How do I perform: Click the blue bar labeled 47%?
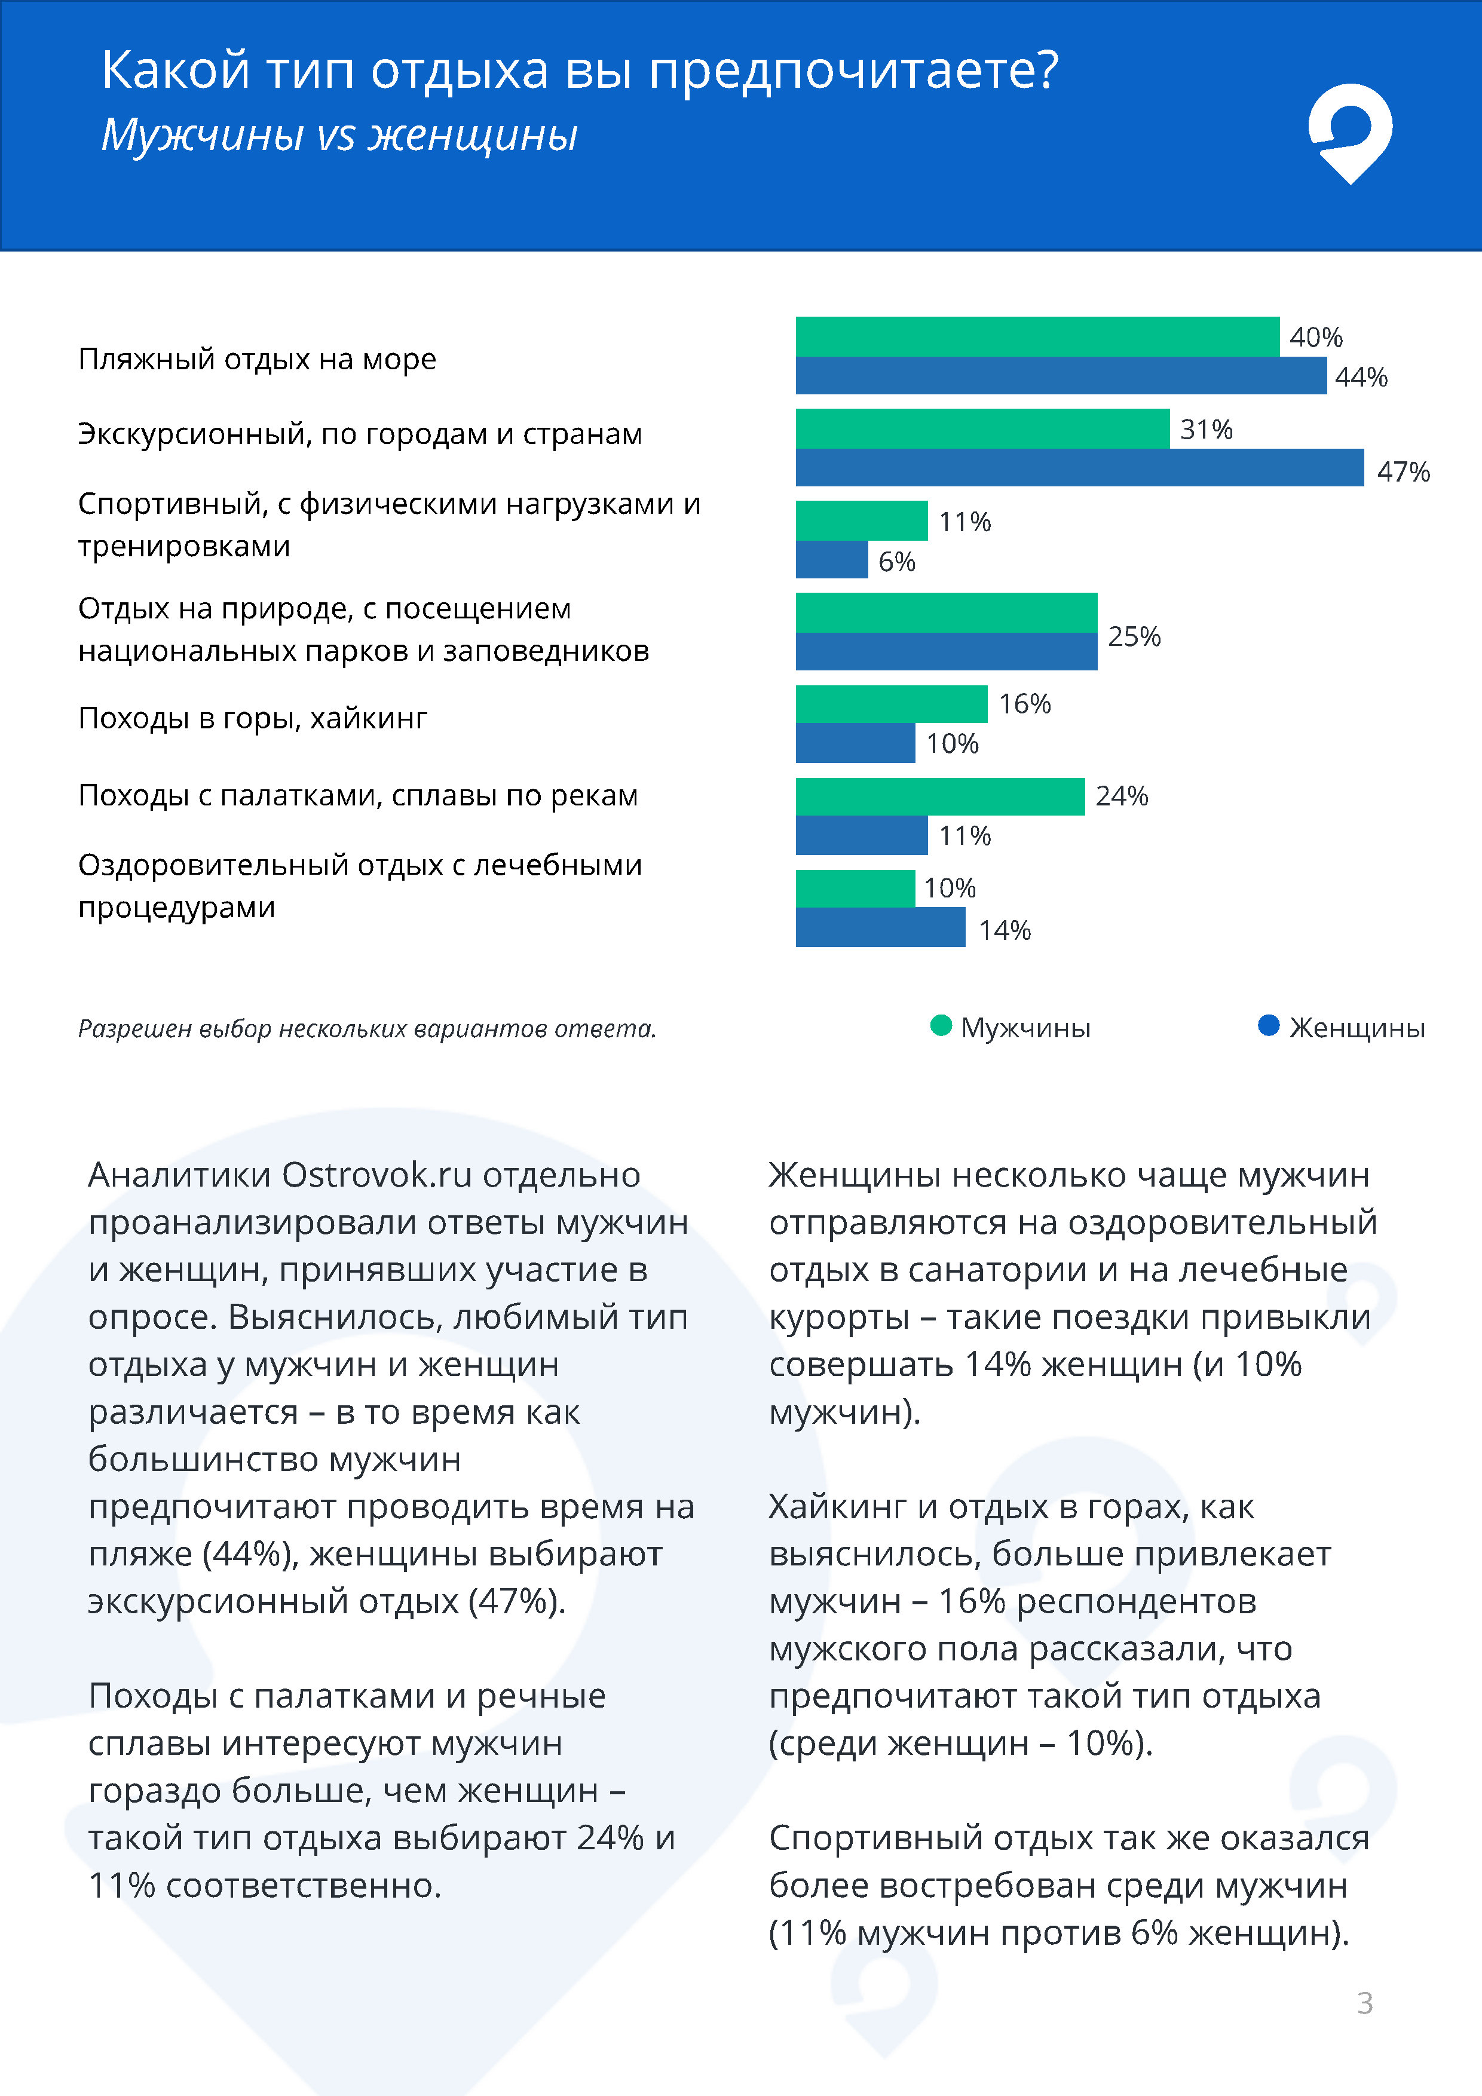coord(1079,467)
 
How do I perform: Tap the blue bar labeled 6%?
coord(831,560)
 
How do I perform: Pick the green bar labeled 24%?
coord(939,796)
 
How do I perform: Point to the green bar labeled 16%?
coord(891,704)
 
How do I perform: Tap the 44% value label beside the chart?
coord(1361,377)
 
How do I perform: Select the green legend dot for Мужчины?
coord(941,1026)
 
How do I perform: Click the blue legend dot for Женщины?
coord(1268,1026)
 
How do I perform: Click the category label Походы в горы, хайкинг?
coord(252,718)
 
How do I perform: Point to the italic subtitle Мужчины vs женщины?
coord(339,135)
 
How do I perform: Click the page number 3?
coord(1364,2003)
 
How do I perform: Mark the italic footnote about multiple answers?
coord(367,1029)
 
